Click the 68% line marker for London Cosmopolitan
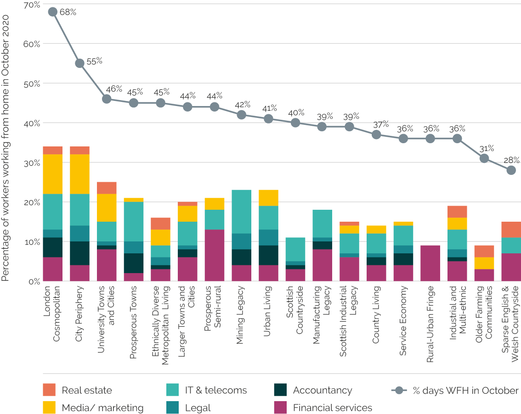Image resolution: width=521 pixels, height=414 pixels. pyautogui.click(x=52, y=12)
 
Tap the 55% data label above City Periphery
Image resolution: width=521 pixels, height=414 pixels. pyautogui.click(x=94, y=61)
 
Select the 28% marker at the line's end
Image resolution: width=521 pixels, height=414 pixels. pyautogui.click(x=511, y=170)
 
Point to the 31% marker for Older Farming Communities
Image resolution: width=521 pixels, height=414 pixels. pyautogui.click(x=484, y=158)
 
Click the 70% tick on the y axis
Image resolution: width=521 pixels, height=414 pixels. pyautogui.click(x=32, y=5)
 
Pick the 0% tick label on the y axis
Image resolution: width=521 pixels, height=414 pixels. pyautogui.click(x=34, y=281)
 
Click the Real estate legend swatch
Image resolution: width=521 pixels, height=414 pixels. pyautogui.click(x=49, y=390)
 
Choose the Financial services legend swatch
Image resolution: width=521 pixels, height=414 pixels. pyautogui.click(x=280, y=408)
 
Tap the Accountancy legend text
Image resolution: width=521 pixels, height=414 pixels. pyautogui.click(x=323, y=391)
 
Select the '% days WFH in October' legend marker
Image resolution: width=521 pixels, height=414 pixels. pyautogui.click(x=399, y=391)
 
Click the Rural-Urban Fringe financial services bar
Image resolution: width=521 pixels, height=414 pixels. pyautogui.click(x=430, y=263)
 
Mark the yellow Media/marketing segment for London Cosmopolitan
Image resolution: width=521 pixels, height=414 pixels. pyautogui.click(x=52, y=174)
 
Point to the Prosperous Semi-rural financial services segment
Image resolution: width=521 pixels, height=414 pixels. pyautogui.click(x=214, y=255)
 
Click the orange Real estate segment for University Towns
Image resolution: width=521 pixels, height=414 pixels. pyautogui.click(x=107, y=188)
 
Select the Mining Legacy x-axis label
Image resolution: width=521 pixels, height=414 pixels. pyautogui.click(x=240, y=310)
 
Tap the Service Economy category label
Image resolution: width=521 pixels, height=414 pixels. pyautogui.click(x=403, y=321)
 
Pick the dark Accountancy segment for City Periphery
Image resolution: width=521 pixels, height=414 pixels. pyautogui.click(x=79, y=253)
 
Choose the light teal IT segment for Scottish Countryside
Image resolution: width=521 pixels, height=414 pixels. pyautogui.click(x=295, y=249)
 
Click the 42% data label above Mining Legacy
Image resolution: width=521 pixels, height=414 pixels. pyautogui.click(x=243, y=105)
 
